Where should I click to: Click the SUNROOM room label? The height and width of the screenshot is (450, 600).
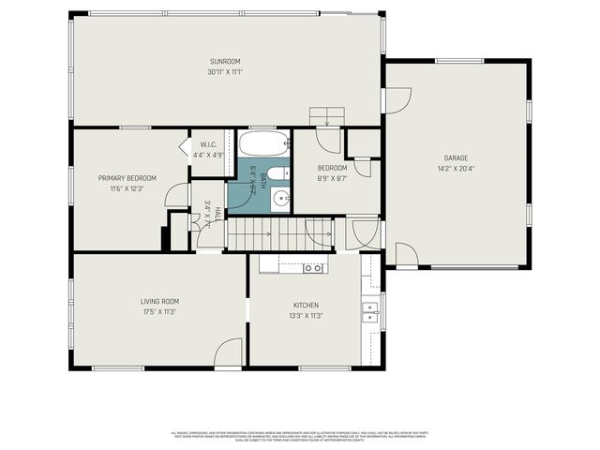224,62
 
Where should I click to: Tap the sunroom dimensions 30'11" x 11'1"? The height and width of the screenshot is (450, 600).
224,71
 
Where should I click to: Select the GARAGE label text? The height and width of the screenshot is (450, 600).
456,158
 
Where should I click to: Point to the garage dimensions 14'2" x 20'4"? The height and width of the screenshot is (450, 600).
456,169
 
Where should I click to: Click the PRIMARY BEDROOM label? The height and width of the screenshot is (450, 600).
127,178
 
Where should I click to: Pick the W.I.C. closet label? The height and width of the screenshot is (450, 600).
209,144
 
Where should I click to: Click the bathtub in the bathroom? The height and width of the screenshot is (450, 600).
263,143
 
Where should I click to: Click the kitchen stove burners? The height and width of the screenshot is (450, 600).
313,267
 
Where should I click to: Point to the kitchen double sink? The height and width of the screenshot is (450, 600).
371,307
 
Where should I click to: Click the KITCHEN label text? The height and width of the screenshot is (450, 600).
306,306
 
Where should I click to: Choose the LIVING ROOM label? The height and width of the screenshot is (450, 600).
158,301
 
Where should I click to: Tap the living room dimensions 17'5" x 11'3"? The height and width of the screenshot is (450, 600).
158,311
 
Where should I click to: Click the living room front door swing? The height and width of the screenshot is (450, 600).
228,354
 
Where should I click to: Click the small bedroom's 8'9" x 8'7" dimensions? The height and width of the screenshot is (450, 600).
332,178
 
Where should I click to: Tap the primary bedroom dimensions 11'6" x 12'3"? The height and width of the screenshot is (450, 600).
127,188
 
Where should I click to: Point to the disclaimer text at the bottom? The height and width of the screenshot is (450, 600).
300,436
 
